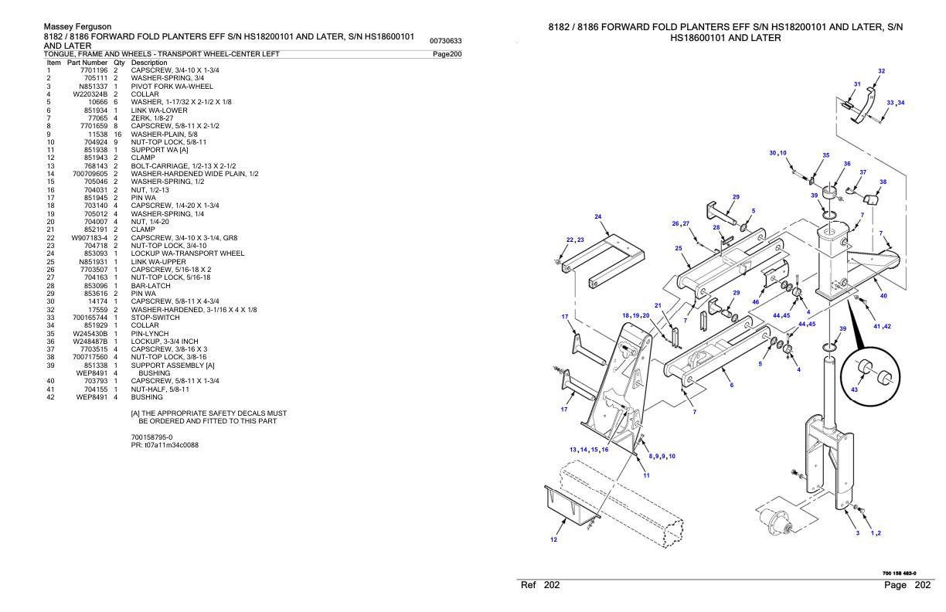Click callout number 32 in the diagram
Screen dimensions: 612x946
(881, 71)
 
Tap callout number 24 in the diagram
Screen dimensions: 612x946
(598, 216)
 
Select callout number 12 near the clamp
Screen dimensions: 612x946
(553, 539)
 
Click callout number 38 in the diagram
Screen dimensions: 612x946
(883, 182)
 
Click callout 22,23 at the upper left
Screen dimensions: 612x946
(574, 240)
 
